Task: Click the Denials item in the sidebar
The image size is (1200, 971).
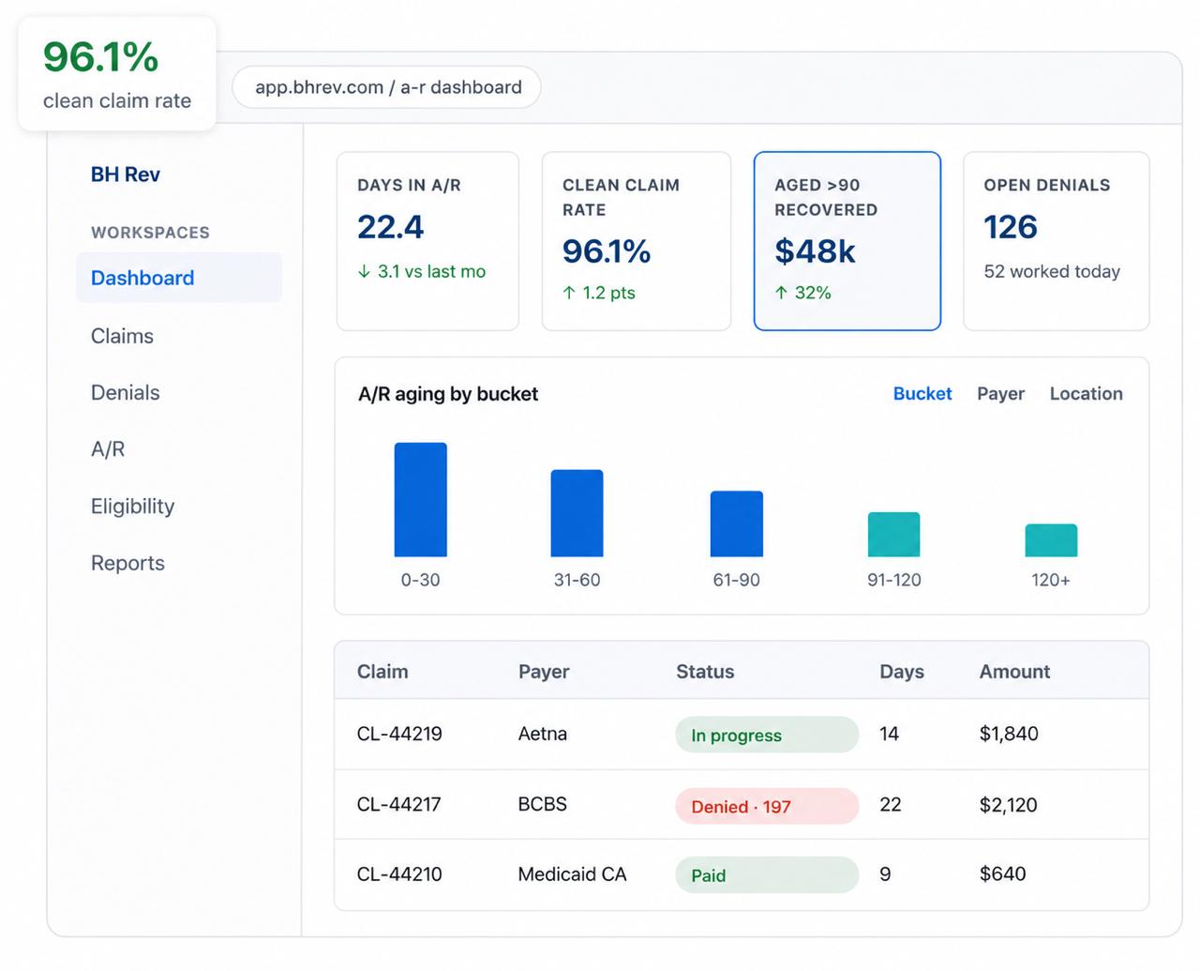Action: click(x=125, y=392)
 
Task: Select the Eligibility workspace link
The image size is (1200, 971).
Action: click(x=132, y=506)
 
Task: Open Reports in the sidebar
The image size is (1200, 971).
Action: click(x=127, y=563)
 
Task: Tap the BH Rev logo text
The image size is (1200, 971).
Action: click(x=125, y=174)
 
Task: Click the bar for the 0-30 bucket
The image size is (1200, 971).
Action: click(x=420, y=500)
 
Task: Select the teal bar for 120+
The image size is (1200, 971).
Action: click(x=1051, y=540)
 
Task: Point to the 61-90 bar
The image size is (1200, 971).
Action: click(x=736, y=523)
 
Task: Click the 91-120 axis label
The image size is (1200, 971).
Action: click(x=894, y=580)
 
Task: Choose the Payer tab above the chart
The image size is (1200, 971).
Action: click(x=1000, y=394)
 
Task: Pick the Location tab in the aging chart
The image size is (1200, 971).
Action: click(x=1087, y=394)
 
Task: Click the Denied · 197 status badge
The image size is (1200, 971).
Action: click(x=767, y=806)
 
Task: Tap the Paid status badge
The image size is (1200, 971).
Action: click(x=767, y=874)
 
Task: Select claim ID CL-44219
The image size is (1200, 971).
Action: click(x=399, y=734)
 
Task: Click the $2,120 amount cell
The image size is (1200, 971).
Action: click(x=1008, y=805)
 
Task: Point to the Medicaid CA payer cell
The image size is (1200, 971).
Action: click(x=572, y=874)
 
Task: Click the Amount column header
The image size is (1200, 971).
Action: click(x=1014, y=672)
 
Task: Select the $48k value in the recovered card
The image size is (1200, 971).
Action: click(x=815, y=250)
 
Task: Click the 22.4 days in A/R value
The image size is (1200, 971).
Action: click(x=390, y=227)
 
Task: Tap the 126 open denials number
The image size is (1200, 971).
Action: click(x=1010, y=227)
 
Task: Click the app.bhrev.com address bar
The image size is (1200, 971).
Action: click(x=387, y=87)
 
